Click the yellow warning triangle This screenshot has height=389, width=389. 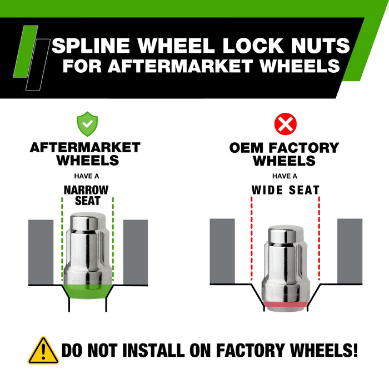point(43,351)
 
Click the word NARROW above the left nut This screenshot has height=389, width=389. point(86,189)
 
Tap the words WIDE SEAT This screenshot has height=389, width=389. point(285,190)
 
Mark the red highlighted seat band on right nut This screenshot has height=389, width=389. point(285,304)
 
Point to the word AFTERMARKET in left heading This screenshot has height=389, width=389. point(85,148)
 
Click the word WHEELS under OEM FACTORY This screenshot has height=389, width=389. point(284,161)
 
